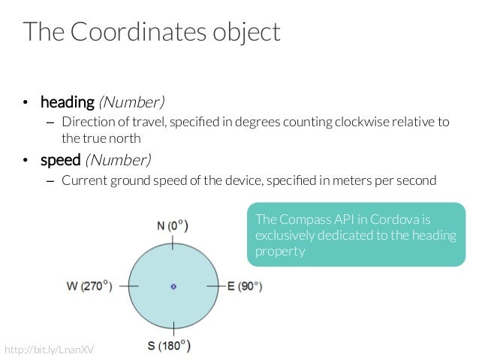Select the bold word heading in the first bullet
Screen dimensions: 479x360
[x=67, y=101]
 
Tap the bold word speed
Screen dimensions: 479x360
[x=60, y=159]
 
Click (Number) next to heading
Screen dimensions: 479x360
[x=131, y=101]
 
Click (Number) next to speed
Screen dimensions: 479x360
[x=118, y=159]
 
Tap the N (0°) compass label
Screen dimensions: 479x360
[x=173, y=225]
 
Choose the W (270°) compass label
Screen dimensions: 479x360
[x=89, y=286]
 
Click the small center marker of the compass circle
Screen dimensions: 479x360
[x=173, y=286]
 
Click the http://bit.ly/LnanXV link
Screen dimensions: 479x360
[x=51, y=350]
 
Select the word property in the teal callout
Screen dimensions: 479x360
[x=280, y=251]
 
